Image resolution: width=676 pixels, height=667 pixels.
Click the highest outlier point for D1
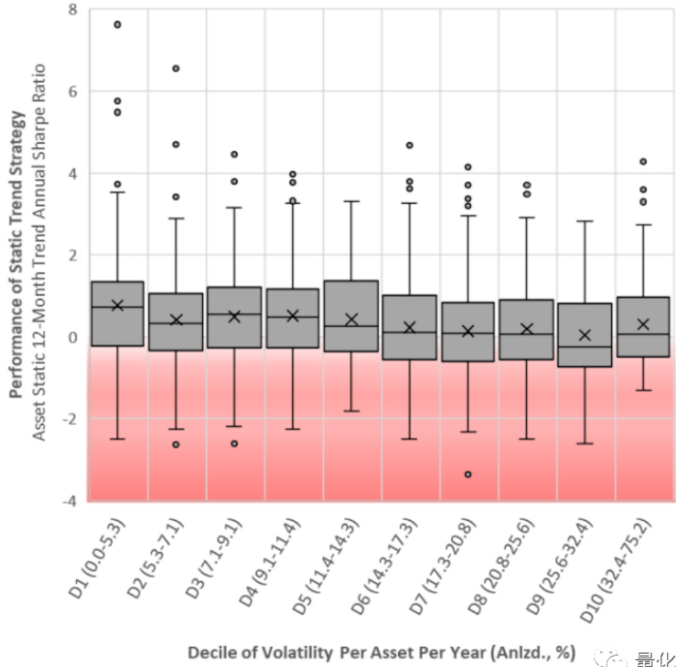pyautogui.click(x=117, y=25)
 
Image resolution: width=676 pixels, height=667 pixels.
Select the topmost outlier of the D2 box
pyautogui.click(x=176, y=69)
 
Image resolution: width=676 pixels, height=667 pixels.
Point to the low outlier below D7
pyautogui.click(x=468, y=474)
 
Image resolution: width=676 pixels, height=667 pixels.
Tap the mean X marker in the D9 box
pyautogui.click(x=584, y=335)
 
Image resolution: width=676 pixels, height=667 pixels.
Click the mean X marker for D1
pyautogui.click(x=117, y=305)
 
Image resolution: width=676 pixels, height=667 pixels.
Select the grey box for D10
pyautogui.click(x=643, y=327)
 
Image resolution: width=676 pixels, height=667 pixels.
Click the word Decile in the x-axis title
pyautogui.click(x=208, y=653)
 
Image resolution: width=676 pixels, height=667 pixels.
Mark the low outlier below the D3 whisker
pyautogui.click(x=234, y=443)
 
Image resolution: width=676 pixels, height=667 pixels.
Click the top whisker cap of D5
pyautogui.click(x=351, y=201)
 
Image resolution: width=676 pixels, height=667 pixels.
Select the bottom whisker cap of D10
pyautogui.click(x=643, y=390)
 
